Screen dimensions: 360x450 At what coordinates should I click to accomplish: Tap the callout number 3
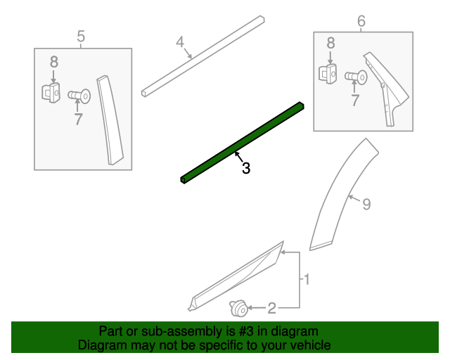[245, 169]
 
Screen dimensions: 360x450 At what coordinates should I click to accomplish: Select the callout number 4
[180, 42]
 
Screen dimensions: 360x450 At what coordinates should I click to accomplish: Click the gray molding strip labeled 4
[204, 54]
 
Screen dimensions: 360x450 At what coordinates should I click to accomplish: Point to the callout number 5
[81, 35]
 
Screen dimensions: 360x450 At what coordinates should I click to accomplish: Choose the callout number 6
[361, 21]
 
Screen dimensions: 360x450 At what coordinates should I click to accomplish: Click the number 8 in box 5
[53, 63]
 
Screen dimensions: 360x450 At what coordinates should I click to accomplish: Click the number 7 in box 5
[78, 119]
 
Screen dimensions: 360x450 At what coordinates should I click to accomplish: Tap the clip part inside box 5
[50, 92]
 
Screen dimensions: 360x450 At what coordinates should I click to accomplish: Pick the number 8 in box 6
[330, 44]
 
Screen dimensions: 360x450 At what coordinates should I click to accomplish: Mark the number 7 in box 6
[354, 101]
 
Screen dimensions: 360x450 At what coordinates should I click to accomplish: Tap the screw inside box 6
[356, 75]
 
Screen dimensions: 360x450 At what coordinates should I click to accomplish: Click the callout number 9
[366, 204]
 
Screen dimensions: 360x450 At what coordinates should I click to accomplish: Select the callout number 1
[306, 280]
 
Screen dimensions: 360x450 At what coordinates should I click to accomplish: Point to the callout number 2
[272, 307]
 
